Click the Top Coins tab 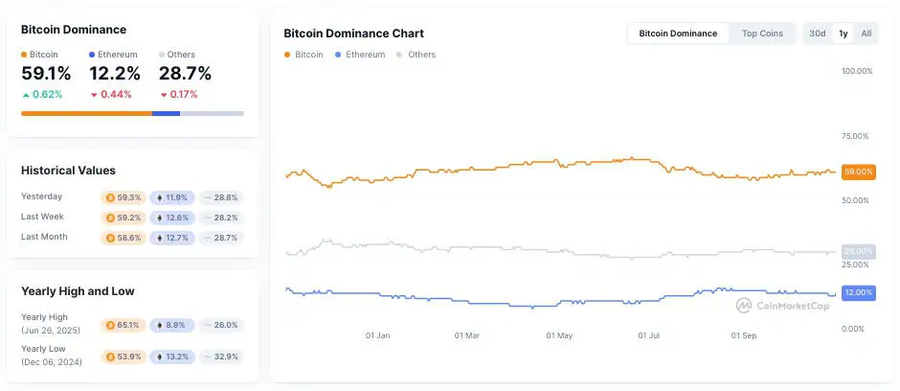point(762,34)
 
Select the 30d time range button point(817,34)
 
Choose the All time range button point(866,34)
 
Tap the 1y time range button point(843,34)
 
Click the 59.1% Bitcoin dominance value point(46,74)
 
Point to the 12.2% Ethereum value point(115,74)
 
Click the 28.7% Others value point(185,74)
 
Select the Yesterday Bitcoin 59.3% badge point(124,197)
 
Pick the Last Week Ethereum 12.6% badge point(171,218)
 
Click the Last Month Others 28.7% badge point(221,238)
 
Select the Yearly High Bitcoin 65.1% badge point(124,325)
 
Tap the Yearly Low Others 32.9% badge point(221,356)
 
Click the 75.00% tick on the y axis point(856,136)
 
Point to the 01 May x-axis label point(559,336)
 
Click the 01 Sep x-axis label point(744,336)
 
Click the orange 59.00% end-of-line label point(858,172)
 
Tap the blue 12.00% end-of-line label point(858,292)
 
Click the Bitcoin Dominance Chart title point(353,34)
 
